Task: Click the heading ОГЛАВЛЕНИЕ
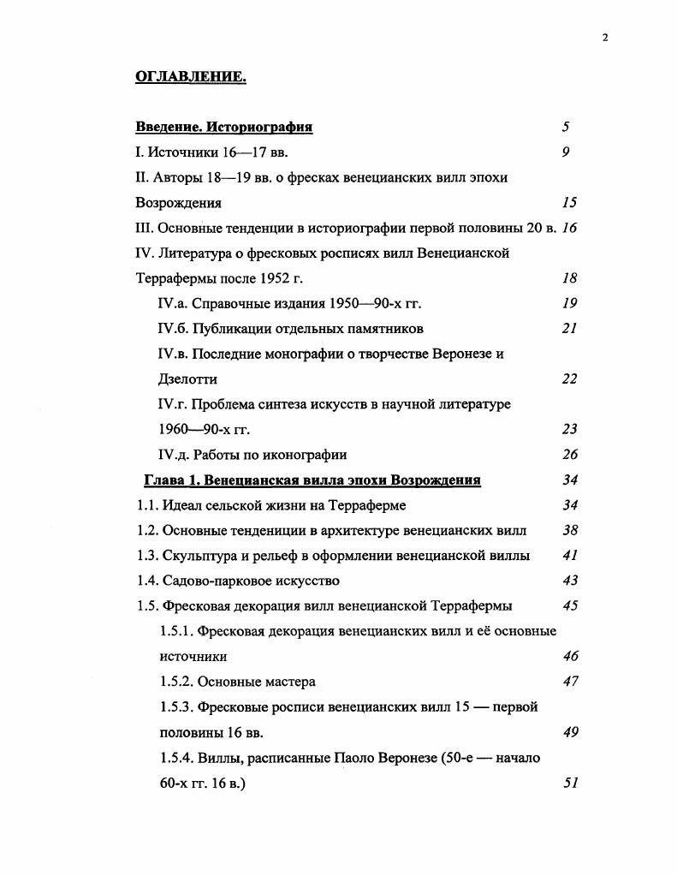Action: point(191,78)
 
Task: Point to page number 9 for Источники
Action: point(566,152)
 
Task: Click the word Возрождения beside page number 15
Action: point(178,203)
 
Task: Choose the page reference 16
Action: point(570,228)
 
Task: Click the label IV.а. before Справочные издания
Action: point(173,303)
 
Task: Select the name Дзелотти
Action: point(188,378)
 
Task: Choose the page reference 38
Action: point(570,530)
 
